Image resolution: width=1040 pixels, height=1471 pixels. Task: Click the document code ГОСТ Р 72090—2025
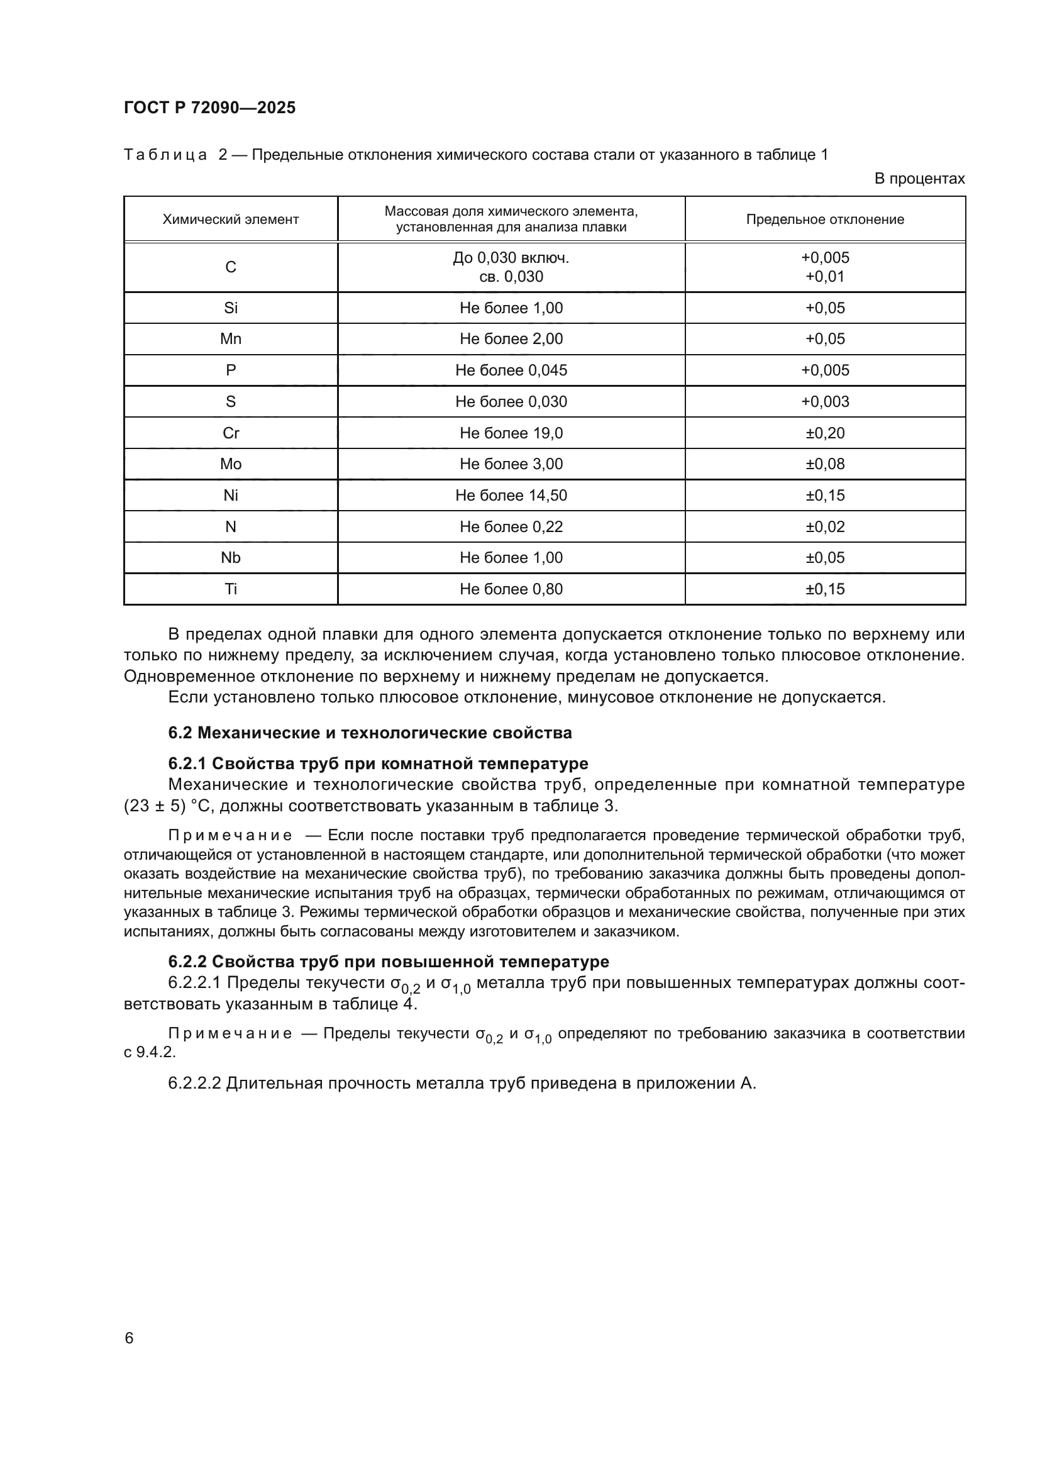click(x=209, y=108)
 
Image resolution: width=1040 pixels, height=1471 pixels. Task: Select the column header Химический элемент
click(x=231, y=219)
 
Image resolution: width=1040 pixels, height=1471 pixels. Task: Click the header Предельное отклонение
click(x=825, y=219)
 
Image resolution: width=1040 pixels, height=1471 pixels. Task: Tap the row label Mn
click(x=231, y=339)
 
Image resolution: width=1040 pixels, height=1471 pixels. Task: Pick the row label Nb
click(x=231, y=558)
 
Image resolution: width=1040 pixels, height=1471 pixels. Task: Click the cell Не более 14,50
click(x=511, y=495)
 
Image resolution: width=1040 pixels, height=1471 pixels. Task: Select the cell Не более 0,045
click(x=511, y=370)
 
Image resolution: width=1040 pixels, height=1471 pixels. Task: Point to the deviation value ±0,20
click(x=825, y=433)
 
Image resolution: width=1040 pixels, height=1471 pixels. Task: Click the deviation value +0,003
click(x=825, y=402)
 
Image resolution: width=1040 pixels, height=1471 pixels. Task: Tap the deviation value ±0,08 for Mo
click(x=825, y=464)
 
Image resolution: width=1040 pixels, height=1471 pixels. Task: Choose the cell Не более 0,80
click(x=511, y=589)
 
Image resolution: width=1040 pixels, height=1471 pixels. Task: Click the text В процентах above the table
click(x=919, y=179)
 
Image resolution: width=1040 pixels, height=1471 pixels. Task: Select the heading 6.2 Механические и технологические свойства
click(x=370, y=733)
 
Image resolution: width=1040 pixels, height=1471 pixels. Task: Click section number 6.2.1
click(x=187, y=763)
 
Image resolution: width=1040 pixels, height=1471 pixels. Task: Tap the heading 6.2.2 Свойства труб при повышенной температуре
click(x=388, y=962)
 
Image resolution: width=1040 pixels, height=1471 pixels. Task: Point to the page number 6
click(x=130, y=1338)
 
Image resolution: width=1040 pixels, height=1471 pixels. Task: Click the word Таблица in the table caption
click(x=165, y=155)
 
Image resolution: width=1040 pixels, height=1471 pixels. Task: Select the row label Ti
click(x=231, y=589)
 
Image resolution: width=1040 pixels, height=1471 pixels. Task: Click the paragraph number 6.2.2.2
click(x=194, y=1084)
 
